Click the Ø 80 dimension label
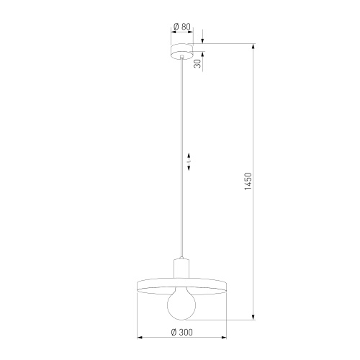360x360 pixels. pos(181,27)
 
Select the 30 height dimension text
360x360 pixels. pos(198,64)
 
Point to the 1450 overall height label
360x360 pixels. pos(248,181)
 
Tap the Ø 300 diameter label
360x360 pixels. pos(181,333)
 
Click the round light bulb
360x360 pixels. pos(181,304)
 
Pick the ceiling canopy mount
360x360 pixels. pos(181,51)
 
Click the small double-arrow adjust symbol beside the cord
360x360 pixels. pos(189,161)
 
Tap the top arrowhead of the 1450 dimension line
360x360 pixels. pos(253,47)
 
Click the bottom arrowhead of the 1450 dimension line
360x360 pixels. pos(253,317)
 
